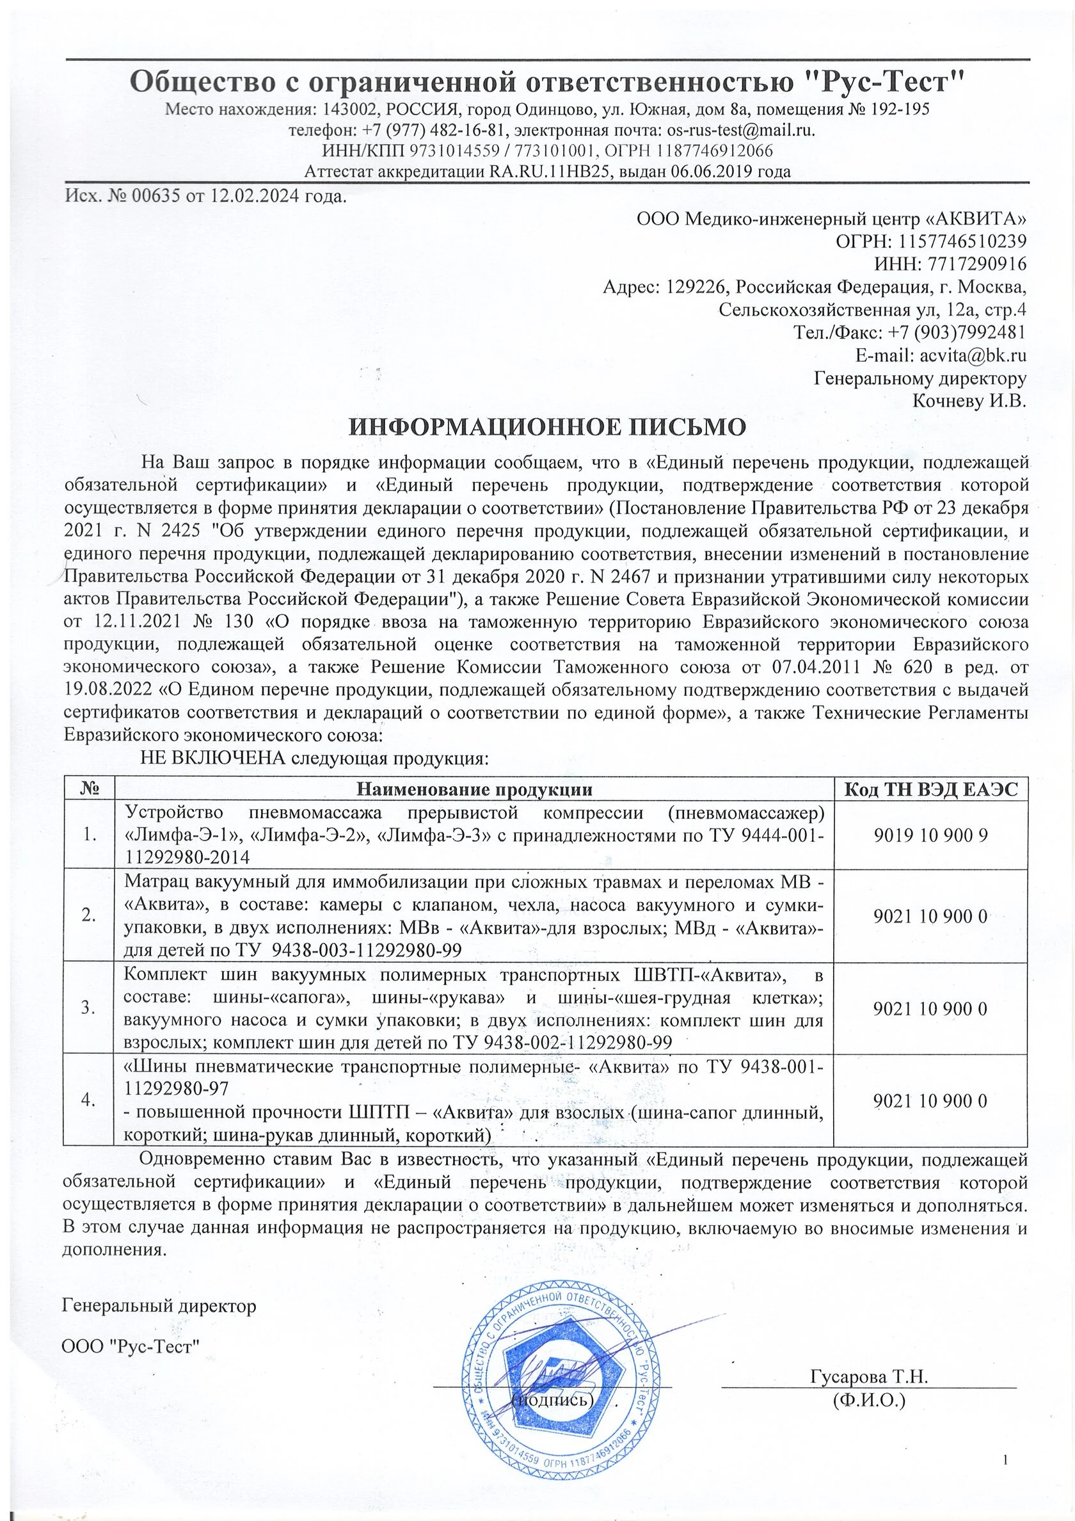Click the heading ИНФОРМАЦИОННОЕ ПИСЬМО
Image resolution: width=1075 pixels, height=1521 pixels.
click(x=547, y=427)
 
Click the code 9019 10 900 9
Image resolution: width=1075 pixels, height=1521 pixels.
click(x=930, y=835)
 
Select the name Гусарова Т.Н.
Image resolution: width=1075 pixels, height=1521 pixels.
click(x=868, y=1376)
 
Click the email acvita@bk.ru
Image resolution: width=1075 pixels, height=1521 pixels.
click(x=973, y=355)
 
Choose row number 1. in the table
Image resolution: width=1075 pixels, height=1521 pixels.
click(x=89, y=835)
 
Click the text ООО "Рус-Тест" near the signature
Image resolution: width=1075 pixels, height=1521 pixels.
click(x=130, y=1347)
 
